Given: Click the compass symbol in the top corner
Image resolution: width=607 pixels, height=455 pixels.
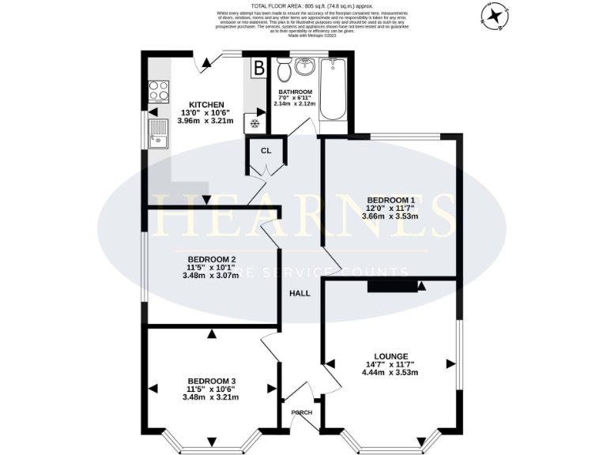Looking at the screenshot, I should coord(496,15).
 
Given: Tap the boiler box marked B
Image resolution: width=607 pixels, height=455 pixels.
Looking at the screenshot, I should coord(258,69).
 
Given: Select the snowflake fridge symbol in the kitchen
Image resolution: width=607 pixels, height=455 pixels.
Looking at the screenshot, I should coord(255,122).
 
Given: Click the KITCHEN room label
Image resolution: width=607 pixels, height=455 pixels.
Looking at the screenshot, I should coord(206,104).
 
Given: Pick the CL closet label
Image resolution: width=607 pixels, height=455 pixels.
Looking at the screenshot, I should coord(266,151).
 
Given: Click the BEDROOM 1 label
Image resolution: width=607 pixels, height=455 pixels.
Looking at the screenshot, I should coord(391,199).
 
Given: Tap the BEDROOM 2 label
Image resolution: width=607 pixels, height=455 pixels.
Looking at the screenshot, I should coord(212,259).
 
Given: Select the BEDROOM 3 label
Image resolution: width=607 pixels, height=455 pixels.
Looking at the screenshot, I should coord(212,381).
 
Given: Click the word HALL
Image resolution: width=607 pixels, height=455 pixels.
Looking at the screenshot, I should coord(300,293).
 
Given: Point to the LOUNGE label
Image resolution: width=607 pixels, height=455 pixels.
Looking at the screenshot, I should coord(386,355).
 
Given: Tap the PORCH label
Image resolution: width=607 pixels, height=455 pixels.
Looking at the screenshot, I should coord(301,412).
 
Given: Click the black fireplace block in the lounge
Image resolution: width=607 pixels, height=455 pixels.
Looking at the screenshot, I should coord(390,286).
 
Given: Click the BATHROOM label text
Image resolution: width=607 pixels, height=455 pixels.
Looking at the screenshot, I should coord(295,91).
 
